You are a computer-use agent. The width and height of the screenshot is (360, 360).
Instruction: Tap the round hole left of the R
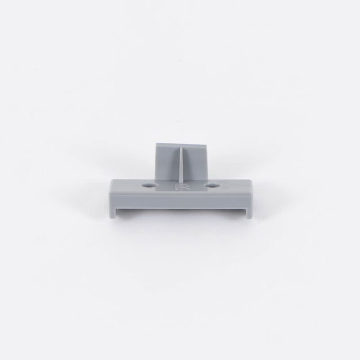coord(150,185)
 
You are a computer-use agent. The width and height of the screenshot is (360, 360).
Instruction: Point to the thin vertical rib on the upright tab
coord(181,165)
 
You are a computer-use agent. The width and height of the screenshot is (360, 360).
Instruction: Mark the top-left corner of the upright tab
coord(156,143)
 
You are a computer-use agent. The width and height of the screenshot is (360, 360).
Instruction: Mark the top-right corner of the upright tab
coord(208,145)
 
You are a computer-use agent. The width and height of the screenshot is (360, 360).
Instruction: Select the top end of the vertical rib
coord(181,147)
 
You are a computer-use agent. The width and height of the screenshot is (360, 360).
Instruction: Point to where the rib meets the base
coord(181,183)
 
